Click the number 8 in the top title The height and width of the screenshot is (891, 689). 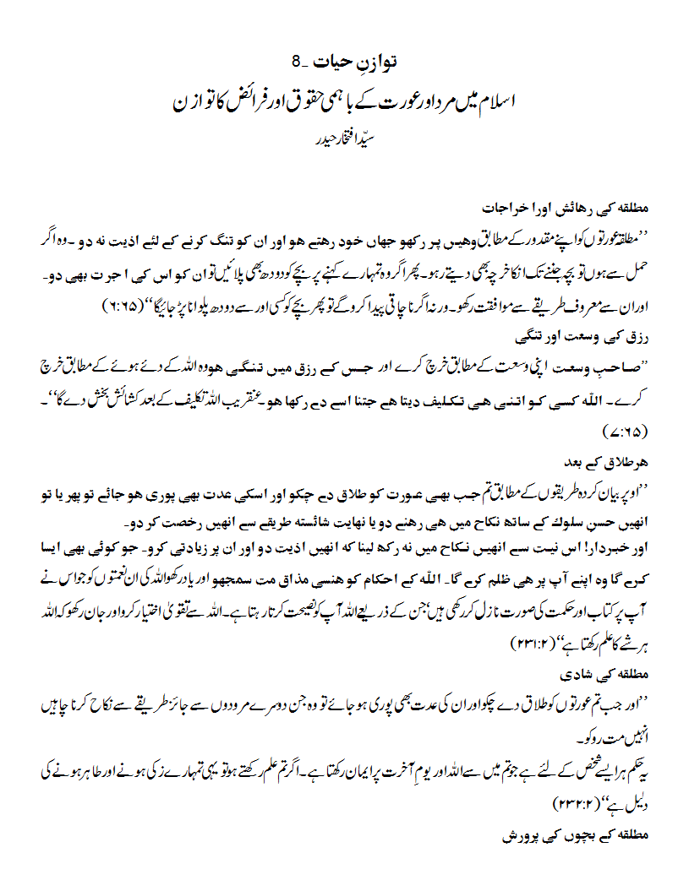(x=297, y=62)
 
